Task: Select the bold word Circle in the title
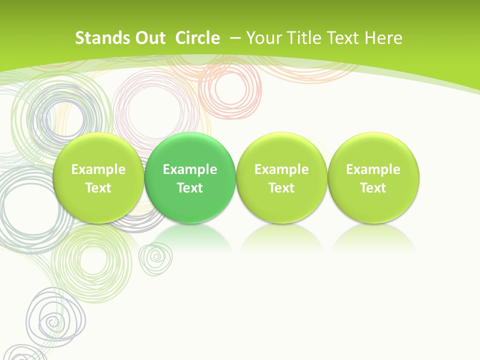click(x=197, y=38)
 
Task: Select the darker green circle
click(x=190, y=177)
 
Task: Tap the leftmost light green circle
click(x=98, y=177)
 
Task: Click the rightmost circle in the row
click(x=373, y=177)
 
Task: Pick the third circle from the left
click(x=281, y=177)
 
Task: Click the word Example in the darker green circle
click(x=190, y=169)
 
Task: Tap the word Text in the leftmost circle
click(x=98, y=188)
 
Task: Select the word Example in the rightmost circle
click(x=373, y=169)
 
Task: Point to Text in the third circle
click(x=281, y=188)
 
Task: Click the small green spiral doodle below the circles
click(x=156, y=259)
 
